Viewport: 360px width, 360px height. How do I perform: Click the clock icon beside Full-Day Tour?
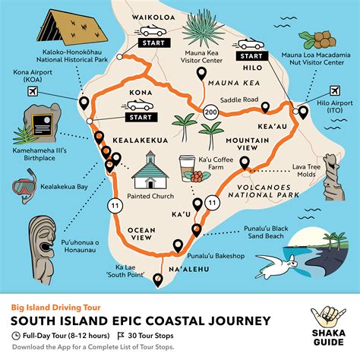point(17,335)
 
